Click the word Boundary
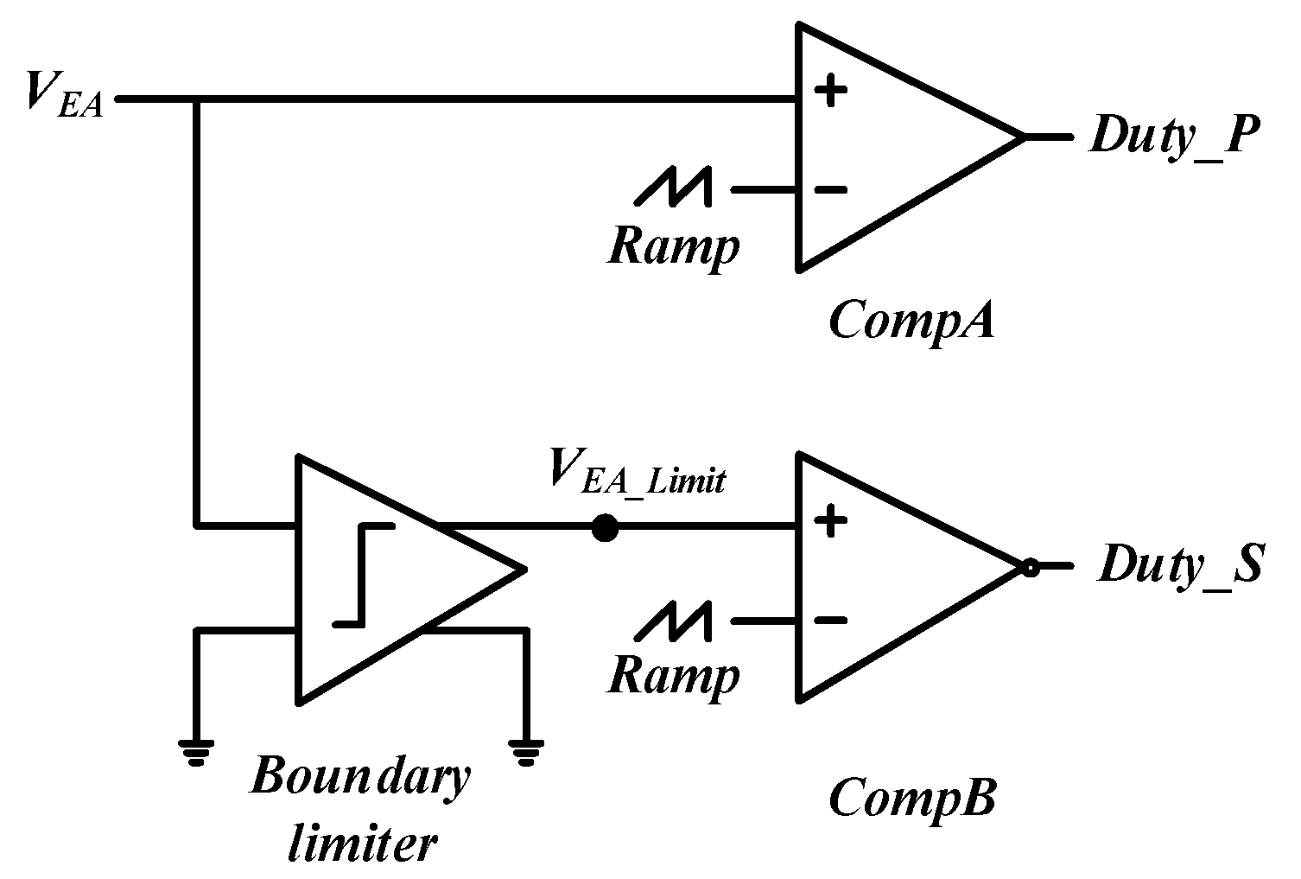tap(360, 777)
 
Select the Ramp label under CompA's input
tap(674, 247)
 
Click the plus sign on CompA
tap(830, 90)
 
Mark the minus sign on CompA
tap(830, 189)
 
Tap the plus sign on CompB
tap(830, 521)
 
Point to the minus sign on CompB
tap(830, 621)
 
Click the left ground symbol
tap(198, 753)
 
